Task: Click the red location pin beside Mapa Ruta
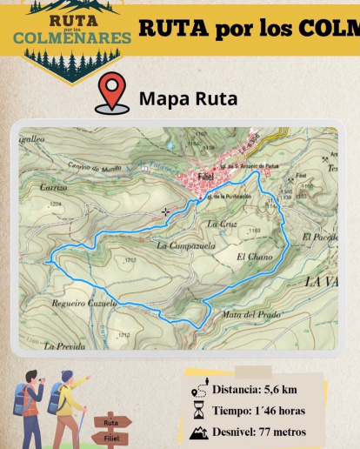(x=112, y=94)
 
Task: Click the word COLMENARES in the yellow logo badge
(x=73, y=37)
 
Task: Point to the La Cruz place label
(x=221, y=224)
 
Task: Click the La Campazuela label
(x=185, y=246)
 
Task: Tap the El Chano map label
(x=254, y=257)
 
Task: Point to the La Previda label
(x=65, y=345)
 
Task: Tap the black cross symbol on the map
(x=166, y=211)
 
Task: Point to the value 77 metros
(x=283, y=432)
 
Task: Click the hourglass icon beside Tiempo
(x=199, y=410)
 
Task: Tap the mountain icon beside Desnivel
(x=199, y=432)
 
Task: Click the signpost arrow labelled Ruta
(x=112, y=422)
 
